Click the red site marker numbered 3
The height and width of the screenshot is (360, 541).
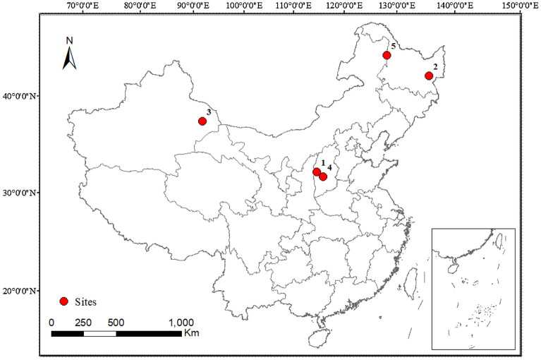[202, 121]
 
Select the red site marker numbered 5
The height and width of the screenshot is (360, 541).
[387, 55]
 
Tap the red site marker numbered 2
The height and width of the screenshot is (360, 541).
[428, 76]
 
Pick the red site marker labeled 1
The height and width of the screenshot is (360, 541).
[317, 172]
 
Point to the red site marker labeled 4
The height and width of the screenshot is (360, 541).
[323, 176]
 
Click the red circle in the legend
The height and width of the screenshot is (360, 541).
[63, 301]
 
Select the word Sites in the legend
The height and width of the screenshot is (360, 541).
[87, 301]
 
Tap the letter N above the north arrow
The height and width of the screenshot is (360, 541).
[69, 40]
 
